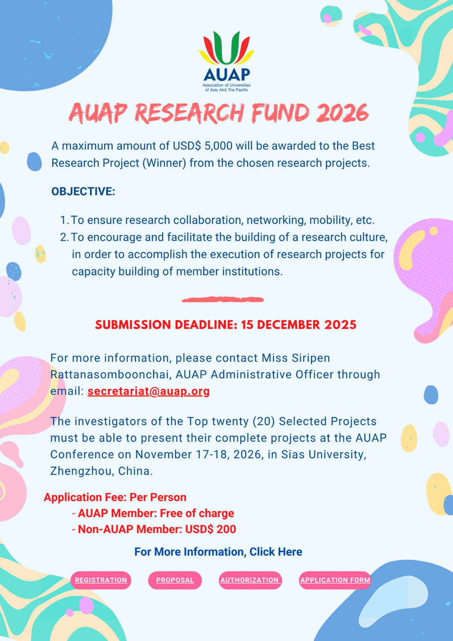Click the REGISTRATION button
(101, 580)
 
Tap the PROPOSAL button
(175, 580)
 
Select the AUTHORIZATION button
(250, 580)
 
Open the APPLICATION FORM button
(335, 580)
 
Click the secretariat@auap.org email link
(149, 391)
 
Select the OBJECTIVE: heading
(83, 191)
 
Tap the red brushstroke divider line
(223, 299)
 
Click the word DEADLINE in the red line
(206, 325)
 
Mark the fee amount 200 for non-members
(226, 530)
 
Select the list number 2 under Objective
(64, 237)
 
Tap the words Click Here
(276, 552)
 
